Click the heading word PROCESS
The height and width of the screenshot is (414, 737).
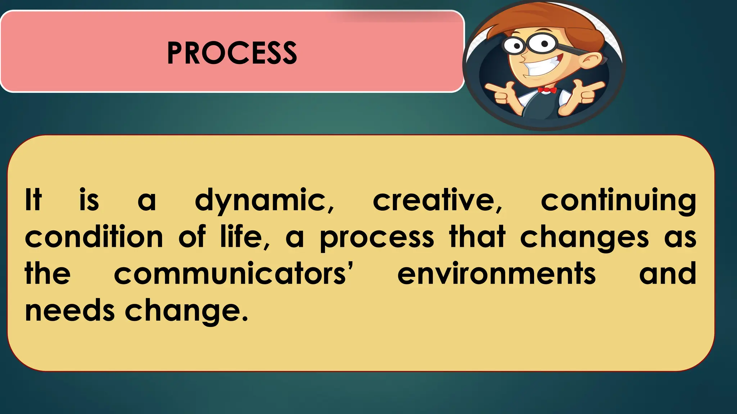pyautogui.click(x=232, y=53)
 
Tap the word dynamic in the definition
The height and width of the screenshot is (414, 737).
pyautogui.click(x=264, y=201)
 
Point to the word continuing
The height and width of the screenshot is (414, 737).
pyautogui.click(x=618, y=201)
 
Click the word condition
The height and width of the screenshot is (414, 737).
pyautogui.click(x=94, y=237)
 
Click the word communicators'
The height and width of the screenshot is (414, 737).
pyautogui.click(x=234, y=274)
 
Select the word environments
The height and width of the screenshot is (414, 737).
pyautogui.click(x=497, y=274)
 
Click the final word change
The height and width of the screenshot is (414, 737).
pyautogui.click(x=186, y=311)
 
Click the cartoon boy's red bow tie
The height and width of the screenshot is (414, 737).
pyautogui.click(x=547, y=90)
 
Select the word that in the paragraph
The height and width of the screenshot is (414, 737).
pyautogui.click(x=477, y=237)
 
